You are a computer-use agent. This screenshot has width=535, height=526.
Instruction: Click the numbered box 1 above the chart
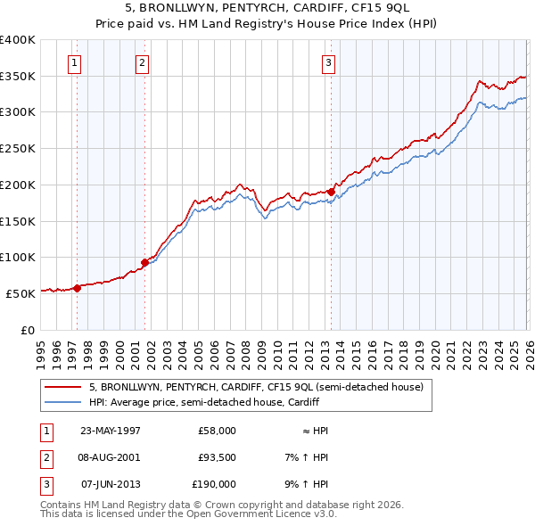(73, 62)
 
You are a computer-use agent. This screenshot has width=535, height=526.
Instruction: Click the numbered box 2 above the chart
(142, 62)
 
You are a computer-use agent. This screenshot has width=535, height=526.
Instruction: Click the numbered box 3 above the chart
(328, 62)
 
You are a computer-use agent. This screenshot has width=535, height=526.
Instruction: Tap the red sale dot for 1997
(78, 287)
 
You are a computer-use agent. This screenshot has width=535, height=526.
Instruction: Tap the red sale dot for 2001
(144, 262)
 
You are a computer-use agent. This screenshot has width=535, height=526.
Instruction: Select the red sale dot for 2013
(331, 192)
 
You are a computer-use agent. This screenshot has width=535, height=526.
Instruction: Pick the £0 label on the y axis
(27, 329)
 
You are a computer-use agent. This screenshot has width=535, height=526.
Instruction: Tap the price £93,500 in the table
(217, 457)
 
